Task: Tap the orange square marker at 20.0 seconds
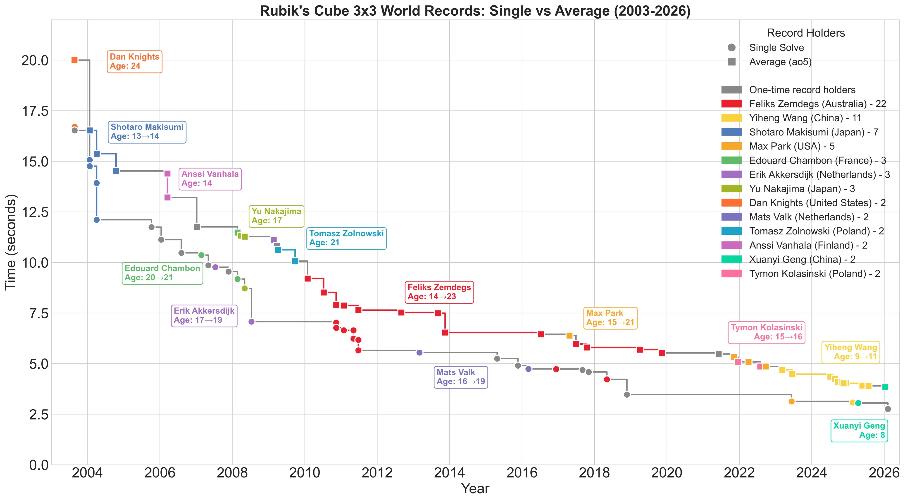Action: pyautogui.click(x=74, y=60)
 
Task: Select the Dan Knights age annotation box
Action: pyautogui.click(x=135, y=62)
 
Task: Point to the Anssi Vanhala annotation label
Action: pyautogui.click(x=210, y=179)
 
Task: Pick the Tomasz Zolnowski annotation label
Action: pyautogui.click(x=346, y=238)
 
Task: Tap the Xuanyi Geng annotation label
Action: pyautogui.click(x=859, y=430)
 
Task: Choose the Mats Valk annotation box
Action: pyautogui.click(x=461, y=377)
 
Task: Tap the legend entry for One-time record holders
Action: pyautogui.click(x=788, y=90)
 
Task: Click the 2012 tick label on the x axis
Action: pyautogui.click(x=377, y=473)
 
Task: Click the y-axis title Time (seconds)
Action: pyautogui.click(x=11, y=242)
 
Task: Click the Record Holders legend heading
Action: pyautogui.click(x=806, y=33)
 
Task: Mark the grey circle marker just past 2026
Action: pyautogui.click(x=888, y=409)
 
